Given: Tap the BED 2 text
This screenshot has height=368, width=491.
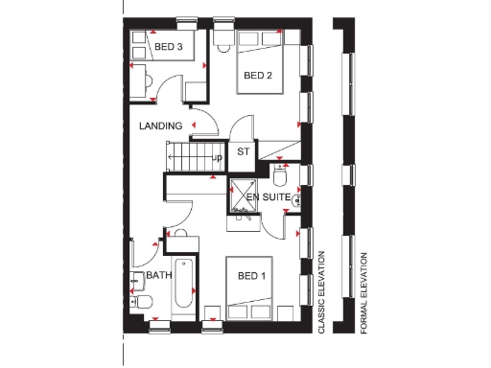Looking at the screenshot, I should point(257,75).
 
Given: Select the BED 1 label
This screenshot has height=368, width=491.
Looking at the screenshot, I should point(251,277).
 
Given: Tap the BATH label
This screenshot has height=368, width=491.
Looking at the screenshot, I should point(158,275).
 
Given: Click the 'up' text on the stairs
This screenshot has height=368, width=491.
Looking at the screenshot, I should point(219,158).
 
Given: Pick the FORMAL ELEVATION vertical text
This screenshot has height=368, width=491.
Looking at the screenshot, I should point(364,292).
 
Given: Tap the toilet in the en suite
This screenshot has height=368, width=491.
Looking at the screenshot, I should point(281,177).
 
